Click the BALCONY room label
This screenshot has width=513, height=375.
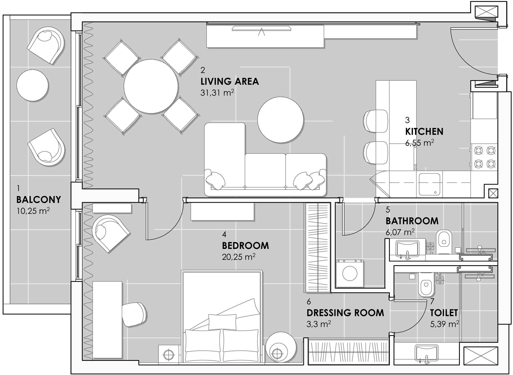[x=39, y=200]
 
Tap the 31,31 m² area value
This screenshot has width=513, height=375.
[x=217, y=93]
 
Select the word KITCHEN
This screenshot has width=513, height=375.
[x=424, y=131]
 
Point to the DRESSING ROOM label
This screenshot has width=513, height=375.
[x=345, y=313]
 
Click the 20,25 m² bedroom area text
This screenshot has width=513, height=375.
[x=239, y=257]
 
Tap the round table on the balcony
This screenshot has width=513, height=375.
[x=33, y=85]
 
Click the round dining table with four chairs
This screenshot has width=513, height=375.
[x=151, y=86]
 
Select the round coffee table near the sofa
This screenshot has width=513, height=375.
[x=281, y=120]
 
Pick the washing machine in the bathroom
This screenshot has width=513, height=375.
[x=350, y=274]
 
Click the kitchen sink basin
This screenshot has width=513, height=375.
[x=429, y=184]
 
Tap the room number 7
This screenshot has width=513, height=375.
[x=432, y=302]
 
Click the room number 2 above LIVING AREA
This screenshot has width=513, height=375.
[x=203, y=70]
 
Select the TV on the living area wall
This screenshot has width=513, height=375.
[x=262, y=28]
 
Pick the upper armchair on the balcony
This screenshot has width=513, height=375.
[x=46, y=45]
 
